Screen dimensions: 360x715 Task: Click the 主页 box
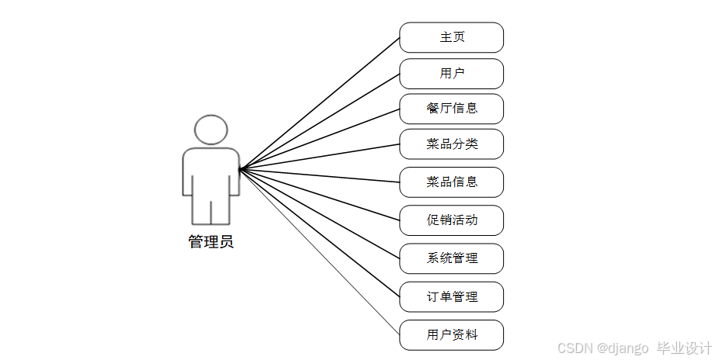tap(451, 37)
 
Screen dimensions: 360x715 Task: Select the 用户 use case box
tap(451, 74)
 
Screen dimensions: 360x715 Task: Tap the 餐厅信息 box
tap(451, 109)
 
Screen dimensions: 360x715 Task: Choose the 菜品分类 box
tap(451, 144)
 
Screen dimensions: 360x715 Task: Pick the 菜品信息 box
tap(451, 182)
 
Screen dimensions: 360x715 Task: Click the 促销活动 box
tap(451, 220)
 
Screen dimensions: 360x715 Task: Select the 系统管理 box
tap(451, 258)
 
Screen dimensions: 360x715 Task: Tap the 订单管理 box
tap(451, 296)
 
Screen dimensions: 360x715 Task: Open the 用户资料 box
tap(451, 334)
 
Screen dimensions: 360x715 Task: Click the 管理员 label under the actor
tap(210, 241)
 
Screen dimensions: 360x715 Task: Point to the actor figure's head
tap(210, 129)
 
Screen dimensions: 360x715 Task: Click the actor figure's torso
tap(210, 171)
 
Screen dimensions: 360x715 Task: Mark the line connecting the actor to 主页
tap(319, 103)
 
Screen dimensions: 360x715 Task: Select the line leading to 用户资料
tap(319, 251)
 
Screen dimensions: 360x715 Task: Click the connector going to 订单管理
tap(319, 233)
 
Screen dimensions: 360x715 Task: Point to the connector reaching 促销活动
tap(319, 194)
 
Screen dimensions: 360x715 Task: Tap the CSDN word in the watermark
tap(572, 348)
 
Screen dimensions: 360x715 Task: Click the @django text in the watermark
tap(622, 348)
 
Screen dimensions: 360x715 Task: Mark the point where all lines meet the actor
tap(239, 169)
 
